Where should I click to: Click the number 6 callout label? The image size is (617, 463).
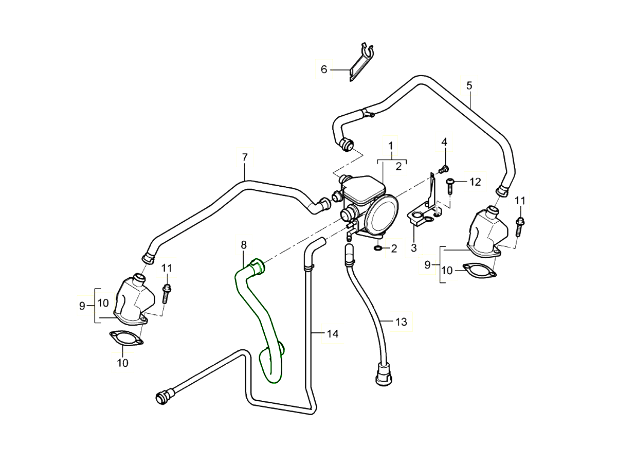point(324,69)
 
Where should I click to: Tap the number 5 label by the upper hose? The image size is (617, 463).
point(469,85)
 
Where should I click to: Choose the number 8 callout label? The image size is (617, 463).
point(244,244)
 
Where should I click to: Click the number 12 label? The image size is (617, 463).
point(475,182)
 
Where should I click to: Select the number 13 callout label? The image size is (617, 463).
point(401,322)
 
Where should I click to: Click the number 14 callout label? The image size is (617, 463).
point(333,334)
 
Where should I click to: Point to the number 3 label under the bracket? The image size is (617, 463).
point(413,249)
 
